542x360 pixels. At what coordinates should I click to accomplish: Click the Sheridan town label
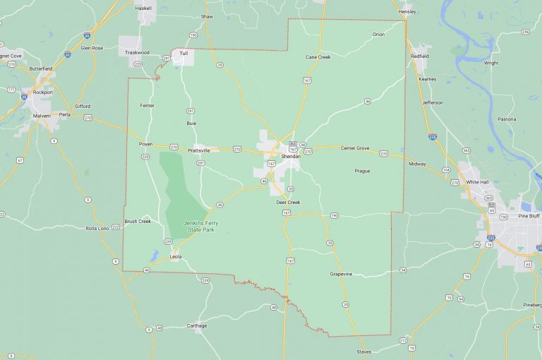[x=290, y=156]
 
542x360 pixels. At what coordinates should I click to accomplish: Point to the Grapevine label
[x=341, y=273]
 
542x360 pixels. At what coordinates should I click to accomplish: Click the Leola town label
[x=176, y=256]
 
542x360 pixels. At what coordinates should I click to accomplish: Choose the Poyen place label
[x=145, y=143]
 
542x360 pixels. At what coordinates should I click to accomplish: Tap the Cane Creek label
[x=318, y=56]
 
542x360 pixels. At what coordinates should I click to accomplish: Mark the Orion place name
[x=378, y=34]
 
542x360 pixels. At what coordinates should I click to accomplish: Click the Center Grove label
[x=355, y=148]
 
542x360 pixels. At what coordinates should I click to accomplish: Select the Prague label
[x=362, y=170]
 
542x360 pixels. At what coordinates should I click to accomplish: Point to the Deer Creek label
[x=288, y=203]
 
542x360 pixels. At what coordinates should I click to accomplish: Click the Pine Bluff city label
[x=529, y=215]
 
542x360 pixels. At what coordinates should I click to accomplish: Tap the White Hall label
[x=478, y=181]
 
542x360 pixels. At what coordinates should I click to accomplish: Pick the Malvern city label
[x=42, y=116]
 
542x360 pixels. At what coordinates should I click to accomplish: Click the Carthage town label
[x=197, y=325]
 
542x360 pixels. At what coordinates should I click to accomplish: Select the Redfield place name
[x=419, y=56]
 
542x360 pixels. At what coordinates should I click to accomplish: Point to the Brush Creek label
[x=138, y=221]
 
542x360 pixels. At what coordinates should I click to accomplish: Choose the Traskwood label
[x=137, y=52]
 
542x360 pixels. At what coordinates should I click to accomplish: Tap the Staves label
[x=363, y=351]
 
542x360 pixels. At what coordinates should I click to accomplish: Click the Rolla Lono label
[x=97, y=228]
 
